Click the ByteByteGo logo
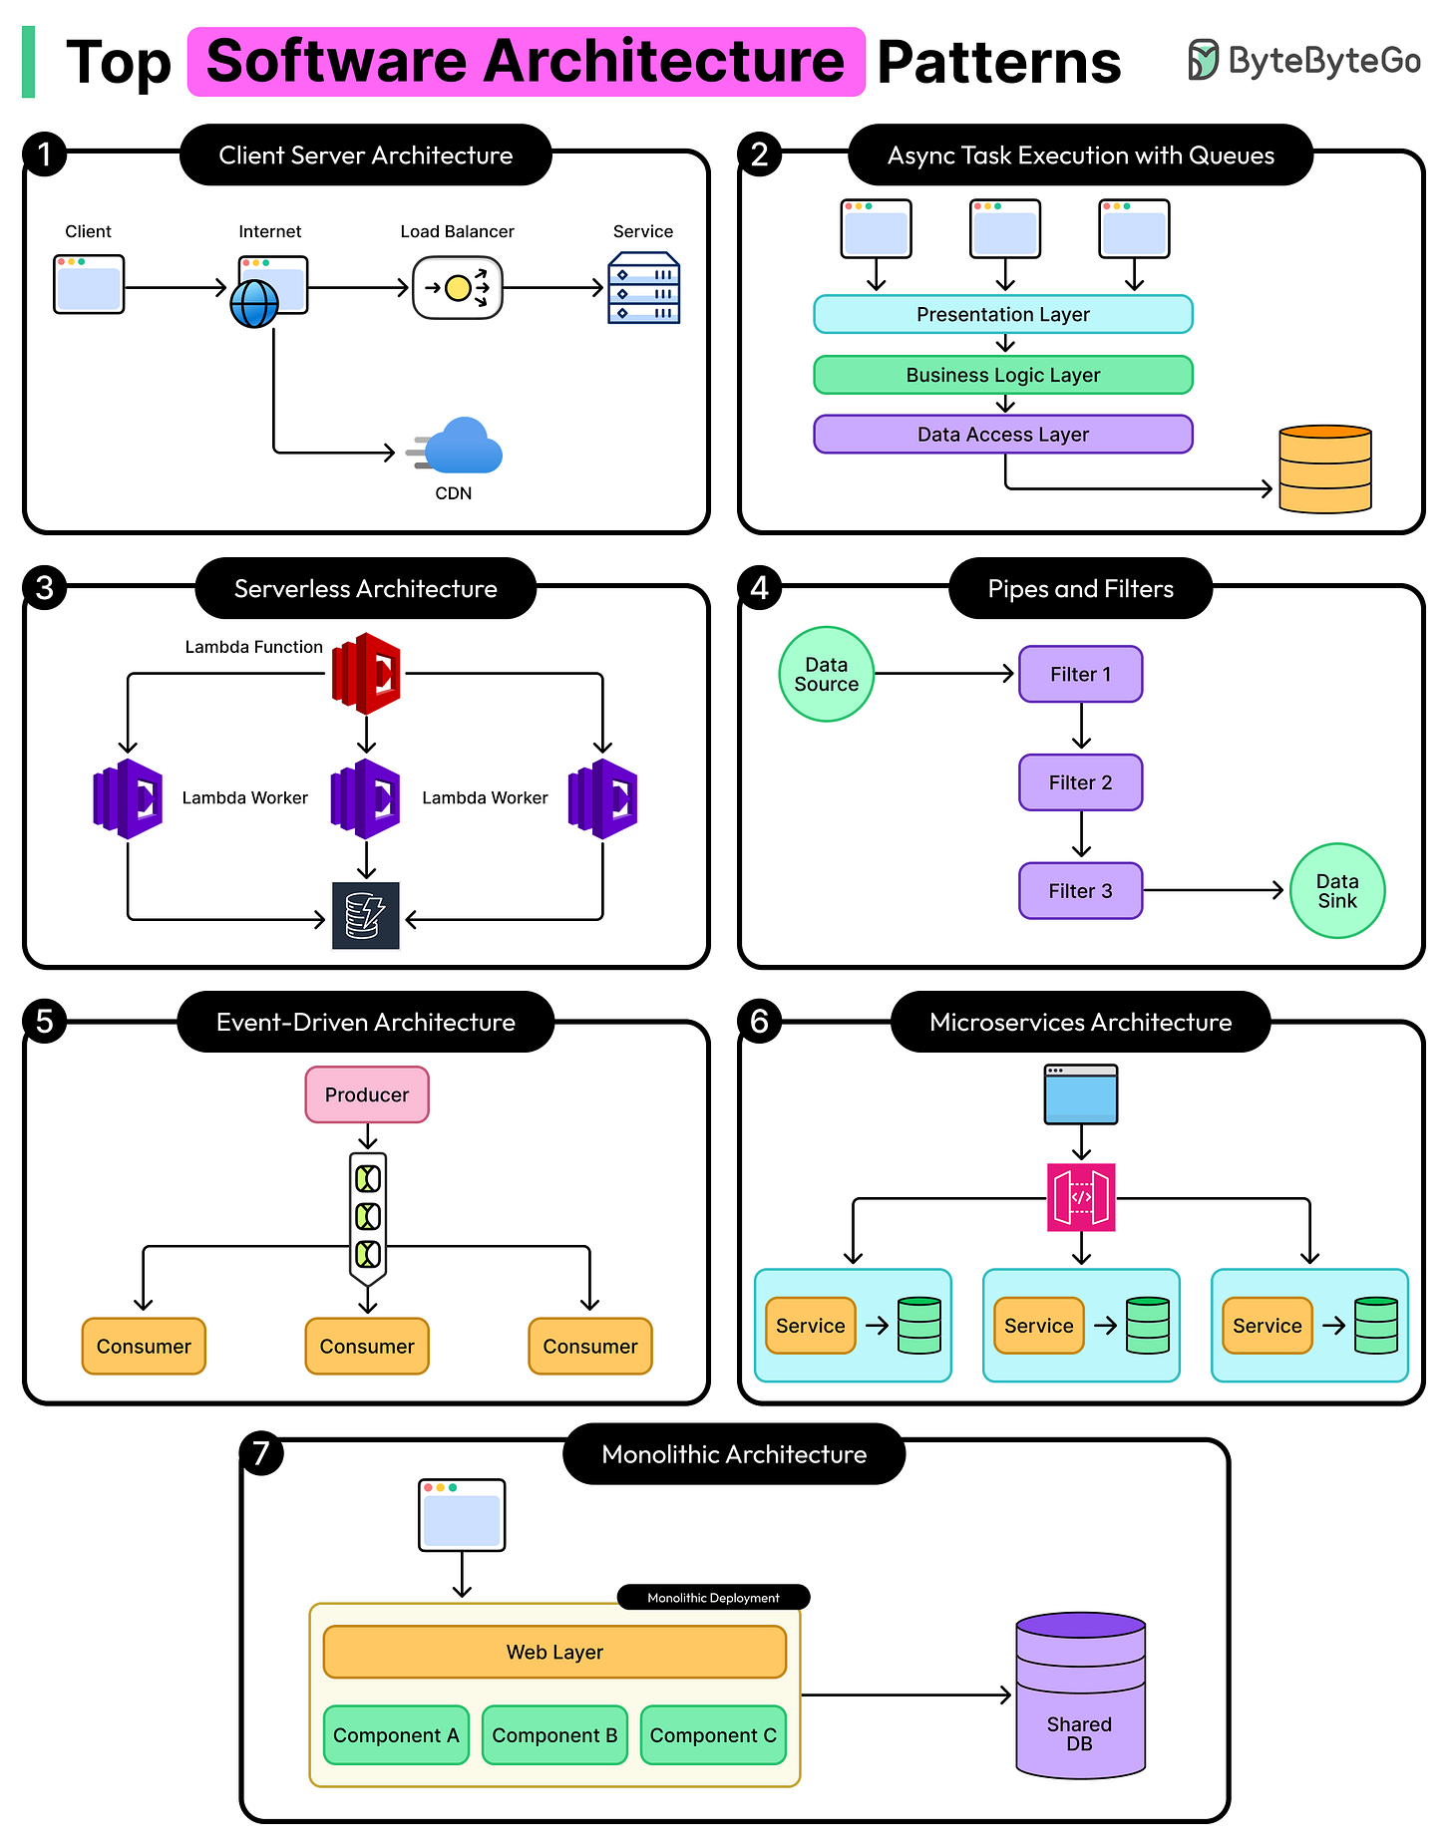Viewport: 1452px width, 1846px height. [1303, 61]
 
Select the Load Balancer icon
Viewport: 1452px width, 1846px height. [458, 288]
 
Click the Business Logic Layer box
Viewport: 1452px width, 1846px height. [1003, 375]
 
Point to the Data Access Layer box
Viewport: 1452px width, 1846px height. [1003, 435]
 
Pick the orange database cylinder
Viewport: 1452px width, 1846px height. [1324, 469]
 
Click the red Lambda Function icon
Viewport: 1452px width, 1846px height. [366, 674]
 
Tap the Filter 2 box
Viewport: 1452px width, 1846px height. [1080, 782]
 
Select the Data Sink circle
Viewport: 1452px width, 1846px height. [1336, 891]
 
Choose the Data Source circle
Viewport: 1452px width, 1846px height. [826, 675]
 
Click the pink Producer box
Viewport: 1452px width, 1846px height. [367, 1094]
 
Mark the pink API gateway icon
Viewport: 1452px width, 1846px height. [1081, 1197]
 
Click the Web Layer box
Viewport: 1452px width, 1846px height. [554, 1652]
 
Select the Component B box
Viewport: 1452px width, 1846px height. [554, 1735]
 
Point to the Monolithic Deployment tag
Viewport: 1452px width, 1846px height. [713, 1598]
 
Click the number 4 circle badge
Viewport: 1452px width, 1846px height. [760, 588]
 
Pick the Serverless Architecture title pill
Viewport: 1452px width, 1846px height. [365, 589]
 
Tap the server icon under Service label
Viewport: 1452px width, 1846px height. [643, 288]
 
